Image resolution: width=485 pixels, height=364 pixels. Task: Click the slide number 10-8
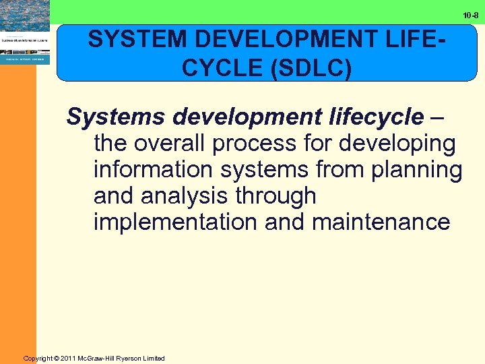pos(470,14)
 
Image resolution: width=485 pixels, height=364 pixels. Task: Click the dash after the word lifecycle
pos(437,117)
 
